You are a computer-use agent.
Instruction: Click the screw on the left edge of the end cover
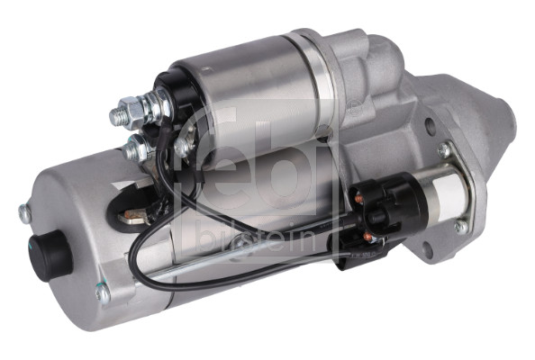click(x=24, y=214)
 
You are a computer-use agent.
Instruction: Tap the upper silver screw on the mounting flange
click(x=445, y=150)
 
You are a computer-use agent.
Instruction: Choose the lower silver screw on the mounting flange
click(x=460, y=228)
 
